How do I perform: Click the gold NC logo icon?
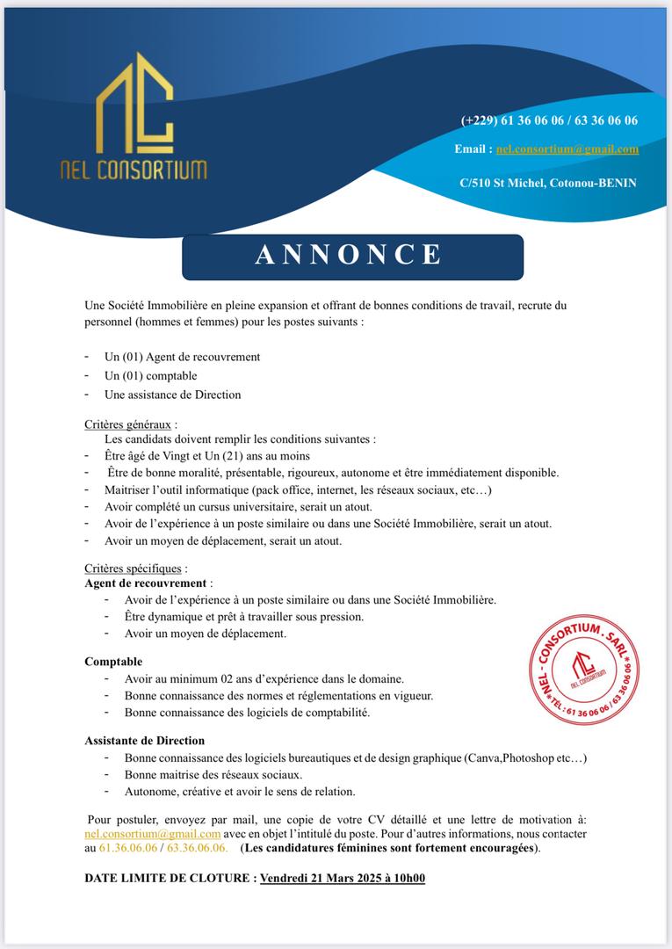(134, 104)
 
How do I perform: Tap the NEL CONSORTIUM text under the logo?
(134, 169)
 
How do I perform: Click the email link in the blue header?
(567, 149)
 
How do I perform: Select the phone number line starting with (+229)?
(549, 120)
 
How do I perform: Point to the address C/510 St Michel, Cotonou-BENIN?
(548, 183)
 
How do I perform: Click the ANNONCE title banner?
(351, 256)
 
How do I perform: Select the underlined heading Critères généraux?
(127, 424)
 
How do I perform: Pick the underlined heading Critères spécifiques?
(134, 569)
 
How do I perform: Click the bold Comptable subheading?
(113, 661)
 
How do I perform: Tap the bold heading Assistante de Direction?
(144, 740)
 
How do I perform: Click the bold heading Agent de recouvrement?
(146, 583)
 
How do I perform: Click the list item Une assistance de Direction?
(172, 395)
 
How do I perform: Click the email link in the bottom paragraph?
(152, 834)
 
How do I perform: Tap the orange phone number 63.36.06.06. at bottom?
(198, 849)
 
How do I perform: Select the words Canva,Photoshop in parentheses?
(510, 757)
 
